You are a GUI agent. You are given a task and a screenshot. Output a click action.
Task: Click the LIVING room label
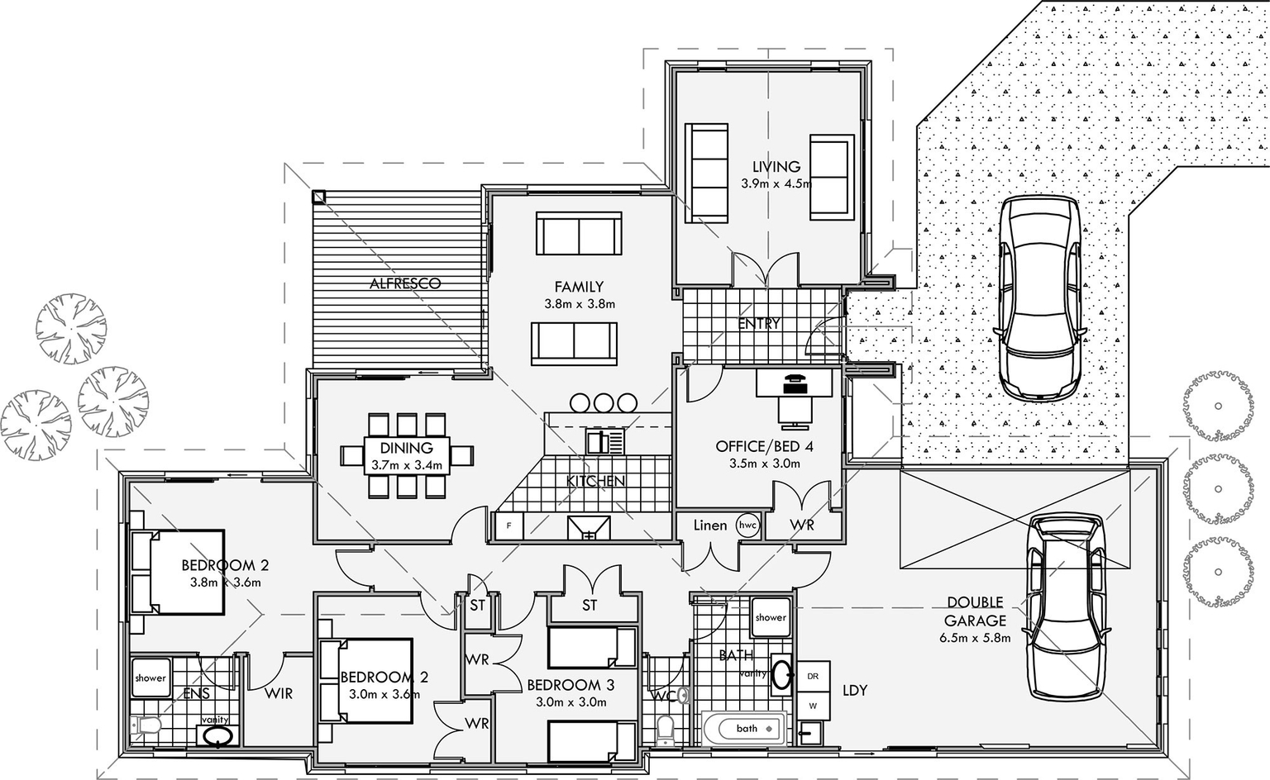click(776, 167)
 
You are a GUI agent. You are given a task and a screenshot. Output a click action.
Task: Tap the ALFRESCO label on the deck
click(404, 283)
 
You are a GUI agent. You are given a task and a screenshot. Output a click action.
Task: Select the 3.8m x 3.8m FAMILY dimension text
click(579, 304)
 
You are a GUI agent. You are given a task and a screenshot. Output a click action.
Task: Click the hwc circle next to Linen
click(747, 526)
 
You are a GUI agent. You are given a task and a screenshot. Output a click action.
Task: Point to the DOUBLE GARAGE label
click(975, 611)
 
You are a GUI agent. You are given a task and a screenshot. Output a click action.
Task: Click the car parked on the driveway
click(1038, 297)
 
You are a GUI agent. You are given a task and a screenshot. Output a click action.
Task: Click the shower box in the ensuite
click(150, 678)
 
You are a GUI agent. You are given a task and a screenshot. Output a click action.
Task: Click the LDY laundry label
click(855, 690)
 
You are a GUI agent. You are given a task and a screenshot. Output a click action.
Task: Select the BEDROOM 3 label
click(570, 685)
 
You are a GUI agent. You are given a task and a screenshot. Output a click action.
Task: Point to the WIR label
click(279, 694)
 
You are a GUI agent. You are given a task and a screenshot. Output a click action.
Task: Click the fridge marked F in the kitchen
click(508, 526)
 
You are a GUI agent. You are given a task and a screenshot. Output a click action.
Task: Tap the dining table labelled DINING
click(407, 455)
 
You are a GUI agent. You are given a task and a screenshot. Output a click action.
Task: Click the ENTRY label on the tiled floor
click(758, 324)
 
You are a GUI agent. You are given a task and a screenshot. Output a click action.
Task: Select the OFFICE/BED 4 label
click(764, 447)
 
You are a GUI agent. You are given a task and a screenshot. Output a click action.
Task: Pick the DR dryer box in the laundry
click(812, 676)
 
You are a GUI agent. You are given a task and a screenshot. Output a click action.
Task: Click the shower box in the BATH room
click(770, 618)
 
